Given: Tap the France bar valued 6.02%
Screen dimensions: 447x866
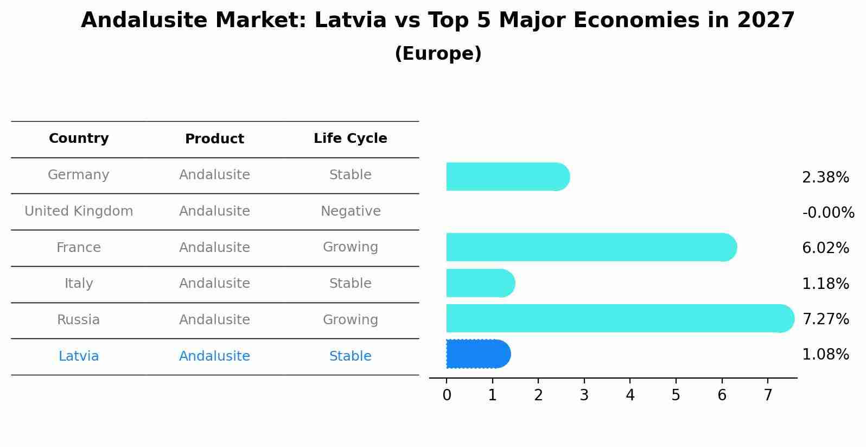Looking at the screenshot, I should tap(590, 247).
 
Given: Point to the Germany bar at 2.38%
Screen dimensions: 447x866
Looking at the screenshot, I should tap(507, 177).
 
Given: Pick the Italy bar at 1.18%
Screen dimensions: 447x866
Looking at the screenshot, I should tap(480, 283).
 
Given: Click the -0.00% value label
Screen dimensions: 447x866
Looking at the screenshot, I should tap(828, 212).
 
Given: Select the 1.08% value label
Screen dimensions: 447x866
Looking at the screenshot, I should tap(825, 355).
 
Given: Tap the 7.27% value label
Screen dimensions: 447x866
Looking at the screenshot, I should tap(825, 319).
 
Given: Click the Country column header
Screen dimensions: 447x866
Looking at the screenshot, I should tap(79, 138).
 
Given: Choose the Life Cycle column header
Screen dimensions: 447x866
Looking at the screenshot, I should tap(350, 138).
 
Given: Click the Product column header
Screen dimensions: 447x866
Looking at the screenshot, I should tap(214, 139).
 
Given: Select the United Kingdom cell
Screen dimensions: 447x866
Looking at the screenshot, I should tap(79, 211).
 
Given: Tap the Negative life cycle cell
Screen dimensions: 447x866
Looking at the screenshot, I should tap(351, 211).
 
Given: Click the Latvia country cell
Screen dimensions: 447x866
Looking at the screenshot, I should tap(79, 356).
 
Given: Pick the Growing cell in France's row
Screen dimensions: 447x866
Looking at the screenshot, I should tap(350, 247).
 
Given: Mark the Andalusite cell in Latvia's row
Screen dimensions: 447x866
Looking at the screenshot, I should tap(214, 356).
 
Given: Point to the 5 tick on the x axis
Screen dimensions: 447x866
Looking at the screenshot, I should tap(676, 395).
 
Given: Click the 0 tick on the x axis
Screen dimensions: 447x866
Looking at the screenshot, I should tap(447, 395).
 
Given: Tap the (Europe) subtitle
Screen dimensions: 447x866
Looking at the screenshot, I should tap(438, 54).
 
